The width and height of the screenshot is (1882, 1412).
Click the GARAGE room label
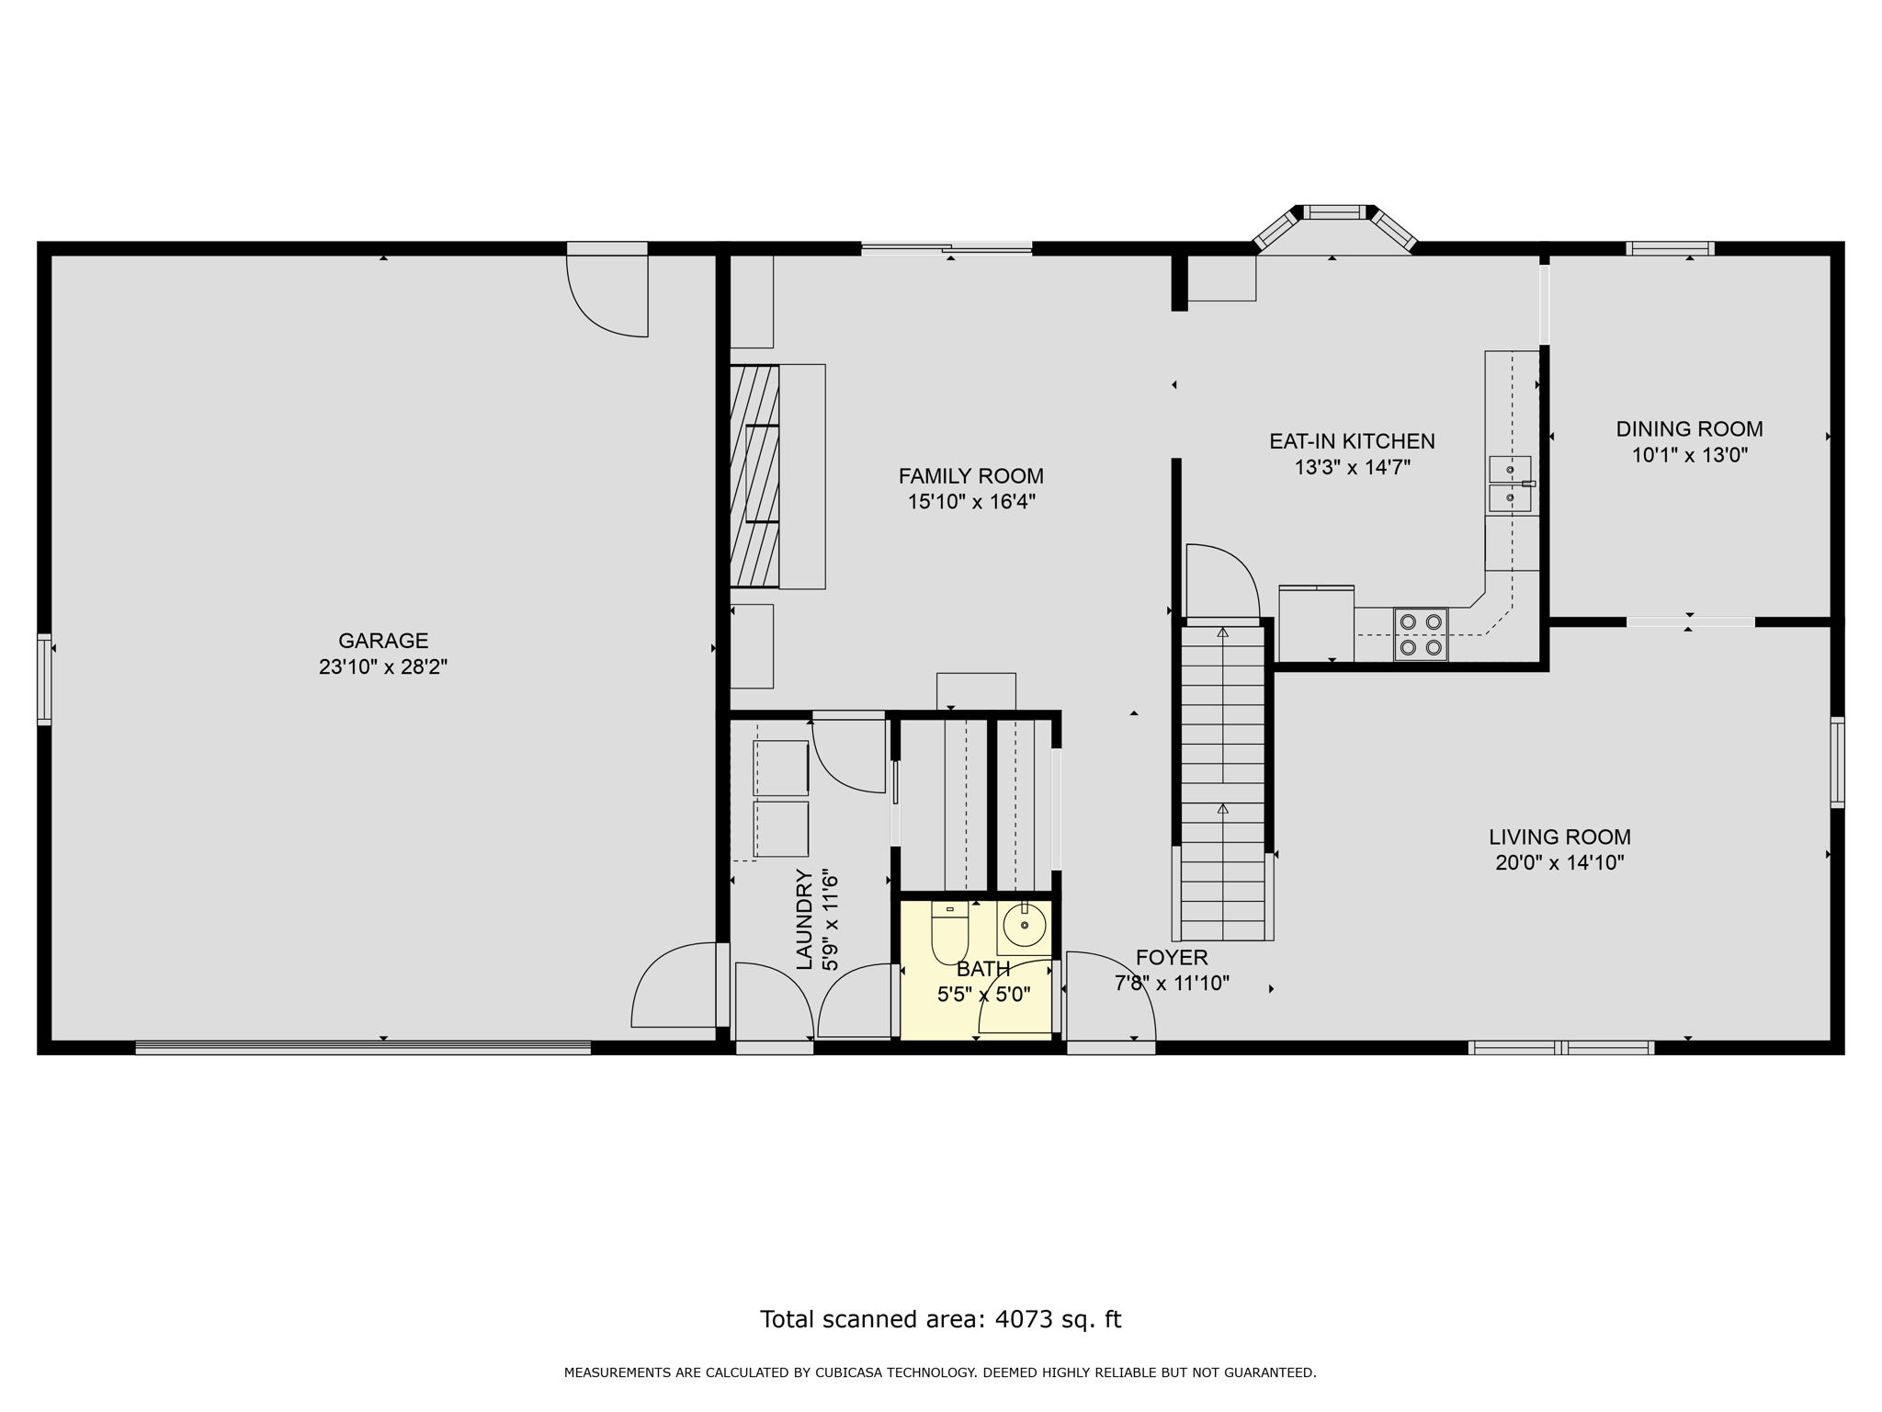(383, 641)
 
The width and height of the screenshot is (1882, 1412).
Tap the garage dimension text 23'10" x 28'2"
(383, 667)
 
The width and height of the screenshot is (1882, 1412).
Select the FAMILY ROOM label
(970, 476)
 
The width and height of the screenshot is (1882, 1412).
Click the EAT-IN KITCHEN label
(1352, 441)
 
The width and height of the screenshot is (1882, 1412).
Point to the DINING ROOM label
(1689, 429)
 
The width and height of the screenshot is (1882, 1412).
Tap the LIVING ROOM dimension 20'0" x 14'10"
(1559, 863)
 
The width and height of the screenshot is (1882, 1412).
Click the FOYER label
(1172, 958)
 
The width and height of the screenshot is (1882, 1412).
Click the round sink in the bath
(1024, 925)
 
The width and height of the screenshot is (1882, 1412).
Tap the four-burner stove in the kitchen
(1420, 634)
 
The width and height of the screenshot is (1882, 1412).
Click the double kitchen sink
(1509, 484)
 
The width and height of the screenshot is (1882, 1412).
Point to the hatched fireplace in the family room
(754, 476)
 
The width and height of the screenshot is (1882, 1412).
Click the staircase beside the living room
(1223, 781)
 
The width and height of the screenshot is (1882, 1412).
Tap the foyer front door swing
(1110, 997)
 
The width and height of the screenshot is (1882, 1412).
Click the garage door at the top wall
(607, 290)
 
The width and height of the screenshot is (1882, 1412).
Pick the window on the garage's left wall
(43, 679)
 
